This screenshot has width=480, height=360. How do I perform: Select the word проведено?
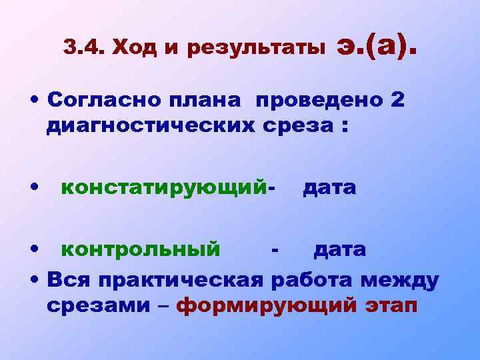(x=317, y=102)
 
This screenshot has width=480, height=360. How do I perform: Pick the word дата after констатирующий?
(x=329, y=189)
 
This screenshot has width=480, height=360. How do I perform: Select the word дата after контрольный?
(x=339, y=251)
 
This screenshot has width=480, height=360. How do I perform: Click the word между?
(x=399, y=279)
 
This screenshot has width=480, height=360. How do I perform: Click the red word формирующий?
(x=269, y=307)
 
